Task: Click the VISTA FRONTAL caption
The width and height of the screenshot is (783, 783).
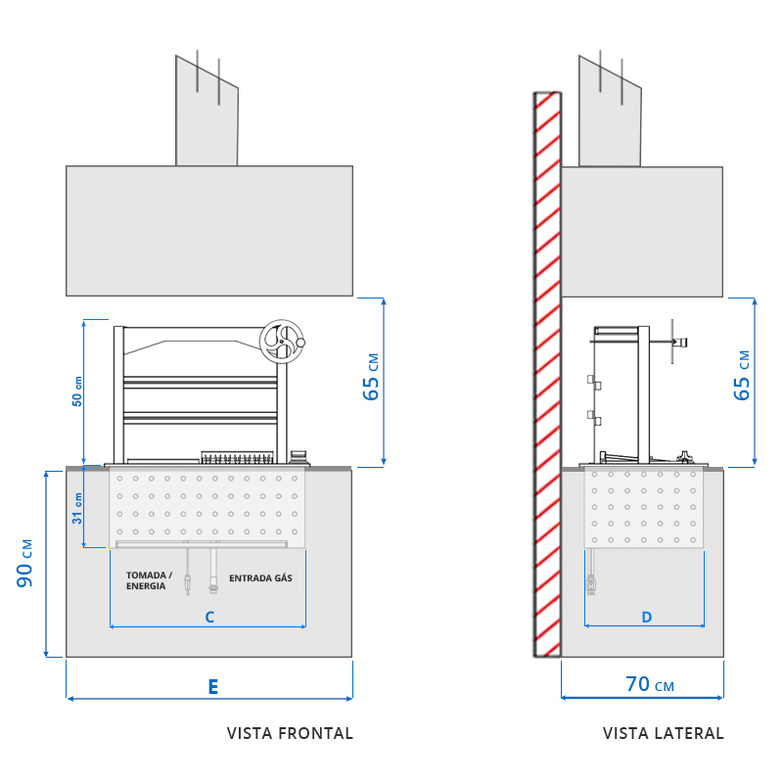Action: pos(290,733)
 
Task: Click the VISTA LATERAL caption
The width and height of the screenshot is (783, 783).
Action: pos(663,733)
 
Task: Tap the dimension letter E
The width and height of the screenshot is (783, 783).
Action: pos(212,686)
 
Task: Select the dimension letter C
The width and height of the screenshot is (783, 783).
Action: pos(208,618)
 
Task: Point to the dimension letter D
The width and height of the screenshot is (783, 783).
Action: pos(646,617)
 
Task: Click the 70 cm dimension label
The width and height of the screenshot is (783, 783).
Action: pos(650,684)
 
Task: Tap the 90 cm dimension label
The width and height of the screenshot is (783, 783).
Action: pos(26,563)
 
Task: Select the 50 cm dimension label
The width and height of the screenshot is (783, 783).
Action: pos(77,391)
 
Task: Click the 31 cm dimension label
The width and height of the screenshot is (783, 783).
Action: pos(77,511)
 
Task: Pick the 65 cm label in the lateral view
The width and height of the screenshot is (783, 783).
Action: pos(743,375)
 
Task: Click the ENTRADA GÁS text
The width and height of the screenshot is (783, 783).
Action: pos(260,578)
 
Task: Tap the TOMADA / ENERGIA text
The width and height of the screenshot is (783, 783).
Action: pos(149,580)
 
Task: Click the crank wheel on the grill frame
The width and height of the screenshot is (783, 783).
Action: pos(281,342)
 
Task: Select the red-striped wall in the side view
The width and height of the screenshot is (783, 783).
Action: pos(547,372)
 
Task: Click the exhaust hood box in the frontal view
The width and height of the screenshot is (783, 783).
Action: pos(208,230)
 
